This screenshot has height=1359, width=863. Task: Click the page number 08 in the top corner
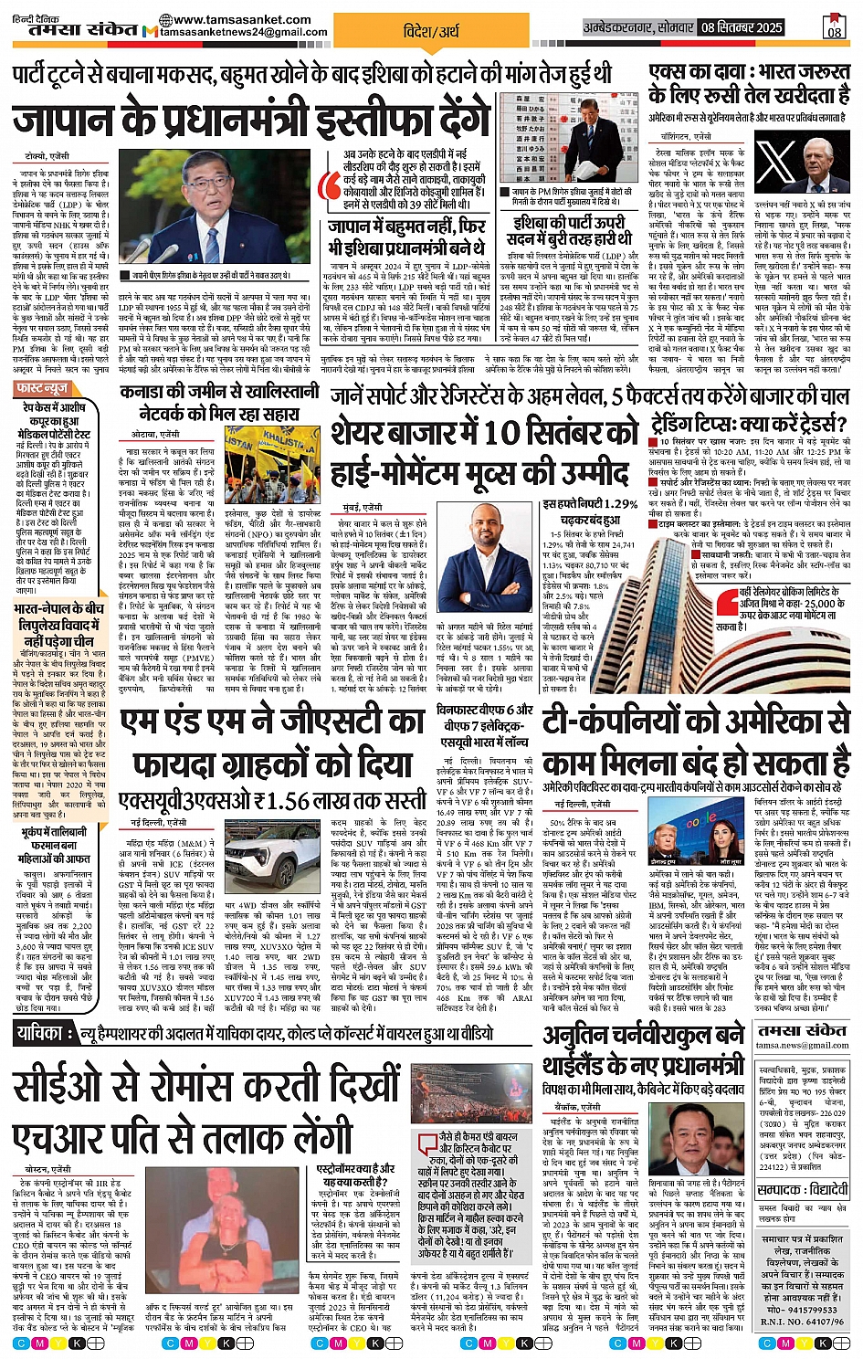[x=835, y=29]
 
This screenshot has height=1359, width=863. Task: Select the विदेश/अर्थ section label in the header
[x=432, y=31]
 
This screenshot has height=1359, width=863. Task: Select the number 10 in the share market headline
[x=501, y=432]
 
